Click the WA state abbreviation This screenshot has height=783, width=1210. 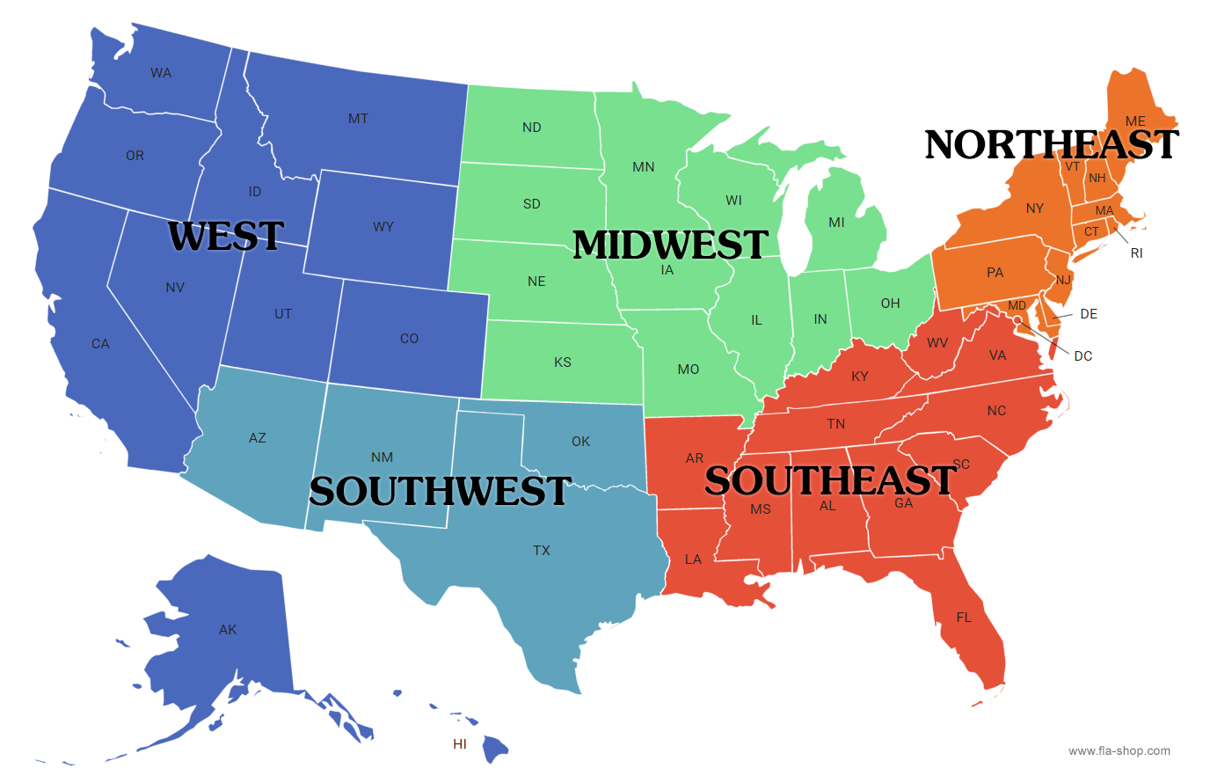tap(161, 73)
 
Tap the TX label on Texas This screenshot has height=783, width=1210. tap(542, 551)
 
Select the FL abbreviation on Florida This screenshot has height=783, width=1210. tap(964, 618)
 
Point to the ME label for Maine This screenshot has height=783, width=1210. tap(1135, 121)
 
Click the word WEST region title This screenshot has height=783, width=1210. tap(226, 236)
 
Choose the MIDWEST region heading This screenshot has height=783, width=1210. tap(670, 245)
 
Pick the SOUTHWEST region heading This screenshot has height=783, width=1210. tap(440, 491)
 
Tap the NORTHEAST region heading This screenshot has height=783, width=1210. tap(1052, 145)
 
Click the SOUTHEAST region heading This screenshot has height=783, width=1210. tap(830, 480)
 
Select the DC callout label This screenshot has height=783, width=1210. tap(1083, 356)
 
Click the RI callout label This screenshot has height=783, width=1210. tap(1137, 253)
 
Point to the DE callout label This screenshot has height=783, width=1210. tap(1089, 314)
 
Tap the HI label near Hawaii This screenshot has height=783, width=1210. tap(460, 744)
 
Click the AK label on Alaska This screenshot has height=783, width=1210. tap(228, 630)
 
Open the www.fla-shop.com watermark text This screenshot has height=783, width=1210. tap(1119, 750)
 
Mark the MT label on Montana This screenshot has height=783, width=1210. tap(358, 119)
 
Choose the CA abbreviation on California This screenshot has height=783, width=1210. tap(100, 344)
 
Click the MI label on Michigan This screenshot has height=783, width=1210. tap(836, 223)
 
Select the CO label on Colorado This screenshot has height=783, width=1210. tap(409, 339)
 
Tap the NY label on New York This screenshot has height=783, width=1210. tap(1035, 209)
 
